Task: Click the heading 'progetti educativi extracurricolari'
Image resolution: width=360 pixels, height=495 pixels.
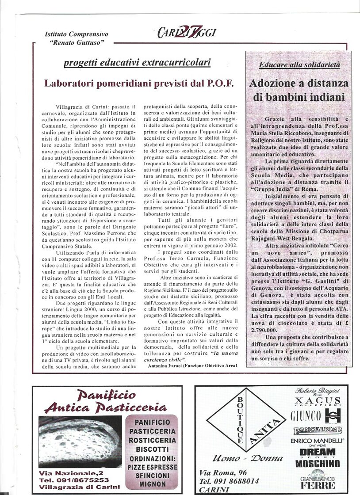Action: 137,62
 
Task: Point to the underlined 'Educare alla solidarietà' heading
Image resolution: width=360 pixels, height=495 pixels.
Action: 299,65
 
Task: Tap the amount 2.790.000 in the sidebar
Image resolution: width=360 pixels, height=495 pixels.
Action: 266,330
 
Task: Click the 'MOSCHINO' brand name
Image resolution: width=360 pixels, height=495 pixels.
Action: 318,464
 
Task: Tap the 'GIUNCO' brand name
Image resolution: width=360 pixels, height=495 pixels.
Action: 306,416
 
